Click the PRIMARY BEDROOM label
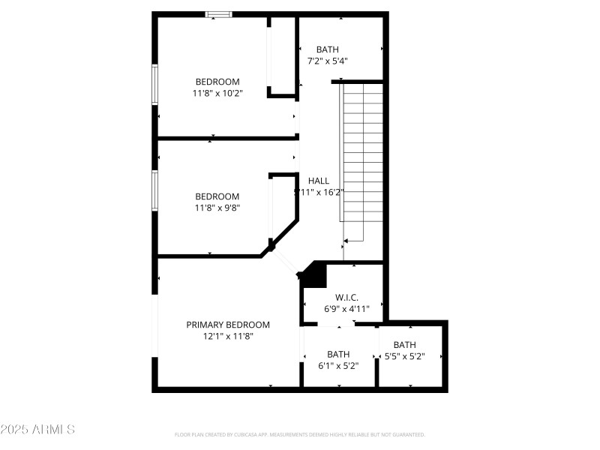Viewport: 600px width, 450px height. (x=228, y=325)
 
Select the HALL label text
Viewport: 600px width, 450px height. (x=319, y=181)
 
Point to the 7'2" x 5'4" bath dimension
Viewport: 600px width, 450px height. (x=327, y=61)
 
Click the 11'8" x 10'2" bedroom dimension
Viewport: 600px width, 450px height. (x=217, y=93)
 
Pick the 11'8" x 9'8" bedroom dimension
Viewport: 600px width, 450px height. (x=217, y=208)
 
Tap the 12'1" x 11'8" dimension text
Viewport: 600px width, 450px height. (x=228, y=337)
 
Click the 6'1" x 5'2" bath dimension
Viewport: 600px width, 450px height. (x=338, y=366)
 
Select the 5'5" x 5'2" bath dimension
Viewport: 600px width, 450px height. (x=404, y=356)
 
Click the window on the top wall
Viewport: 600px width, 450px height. (x=219, y=13)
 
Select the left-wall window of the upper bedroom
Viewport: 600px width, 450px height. (x=155, y=84)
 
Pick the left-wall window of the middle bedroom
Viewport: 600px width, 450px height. (x=155, y=190)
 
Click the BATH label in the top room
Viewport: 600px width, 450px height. (x=327, y=49)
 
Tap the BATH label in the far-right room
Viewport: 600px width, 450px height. (x=404, y=345)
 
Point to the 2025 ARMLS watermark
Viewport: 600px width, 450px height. (x=37, y=430)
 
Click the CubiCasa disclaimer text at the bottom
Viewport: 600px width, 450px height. (x=300, y=434)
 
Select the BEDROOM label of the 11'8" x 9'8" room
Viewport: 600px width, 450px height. (x=217, y=196)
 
